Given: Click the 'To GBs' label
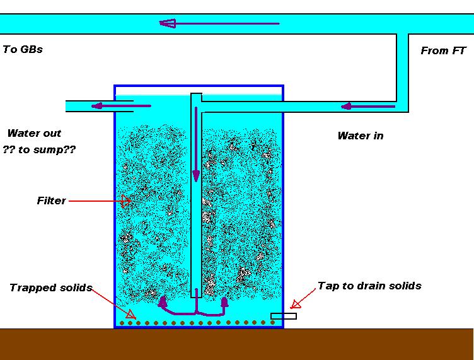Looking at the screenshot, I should coord(23,49).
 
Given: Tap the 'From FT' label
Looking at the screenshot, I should coord(442,50).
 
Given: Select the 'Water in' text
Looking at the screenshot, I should coord(360,136).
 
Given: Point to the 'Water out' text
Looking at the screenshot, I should coord(34,134).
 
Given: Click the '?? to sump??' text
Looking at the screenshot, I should coord(39,151).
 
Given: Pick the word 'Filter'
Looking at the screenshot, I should coord(51,201).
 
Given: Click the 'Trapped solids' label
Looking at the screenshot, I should coord(51,288).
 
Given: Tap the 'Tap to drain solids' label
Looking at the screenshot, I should coord(369,286).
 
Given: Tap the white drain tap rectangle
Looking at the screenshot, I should coord(284,316).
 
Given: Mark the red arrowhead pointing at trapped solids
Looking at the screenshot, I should coord(130,313).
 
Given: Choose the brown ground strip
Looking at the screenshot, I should coord(237,344).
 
